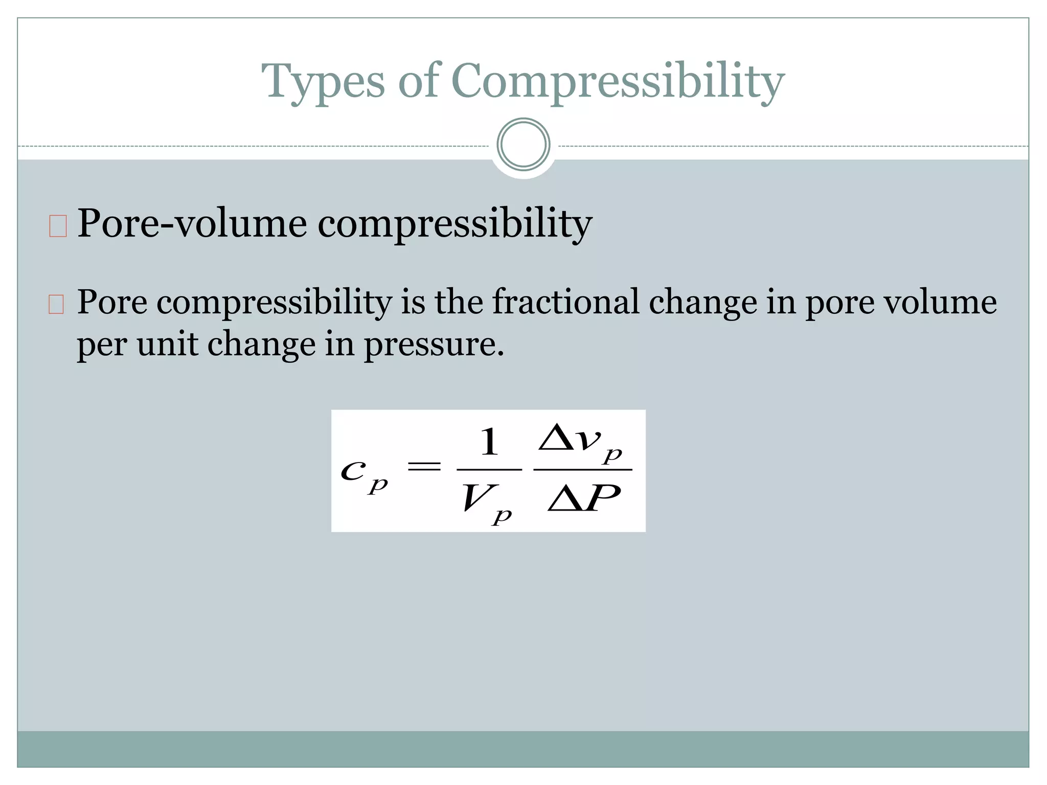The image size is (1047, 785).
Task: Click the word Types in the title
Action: [323, 82]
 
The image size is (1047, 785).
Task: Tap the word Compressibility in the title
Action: [618, 82]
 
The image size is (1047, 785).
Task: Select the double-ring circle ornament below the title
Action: [523, 145]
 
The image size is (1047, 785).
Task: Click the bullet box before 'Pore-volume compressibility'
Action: [58, 226]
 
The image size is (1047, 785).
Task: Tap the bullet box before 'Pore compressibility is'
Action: [56, 305]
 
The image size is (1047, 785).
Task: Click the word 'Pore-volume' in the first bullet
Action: [192, 224]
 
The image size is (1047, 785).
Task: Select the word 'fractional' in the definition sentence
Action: [565, 302]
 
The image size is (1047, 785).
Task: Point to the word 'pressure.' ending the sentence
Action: [434, 344]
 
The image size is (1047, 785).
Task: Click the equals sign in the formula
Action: [423, 466]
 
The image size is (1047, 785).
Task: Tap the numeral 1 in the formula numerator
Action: [489, 442]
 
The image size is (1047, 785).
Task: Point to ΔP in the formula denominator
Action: [584, 498]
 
